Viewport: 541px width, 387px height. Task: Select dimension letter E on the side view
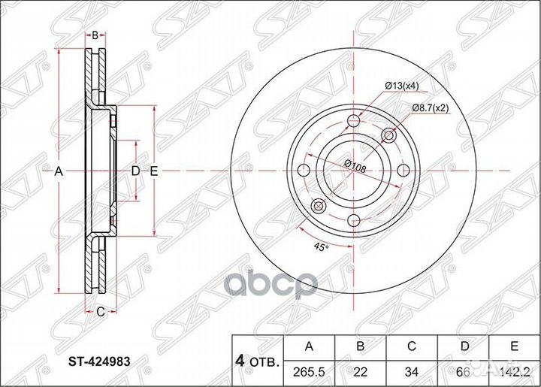[153, 172]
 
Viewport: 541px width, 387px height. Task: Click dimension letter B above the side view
[95, 35]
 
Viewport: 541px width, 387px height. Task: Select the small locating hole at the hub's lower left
[318, 207]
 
